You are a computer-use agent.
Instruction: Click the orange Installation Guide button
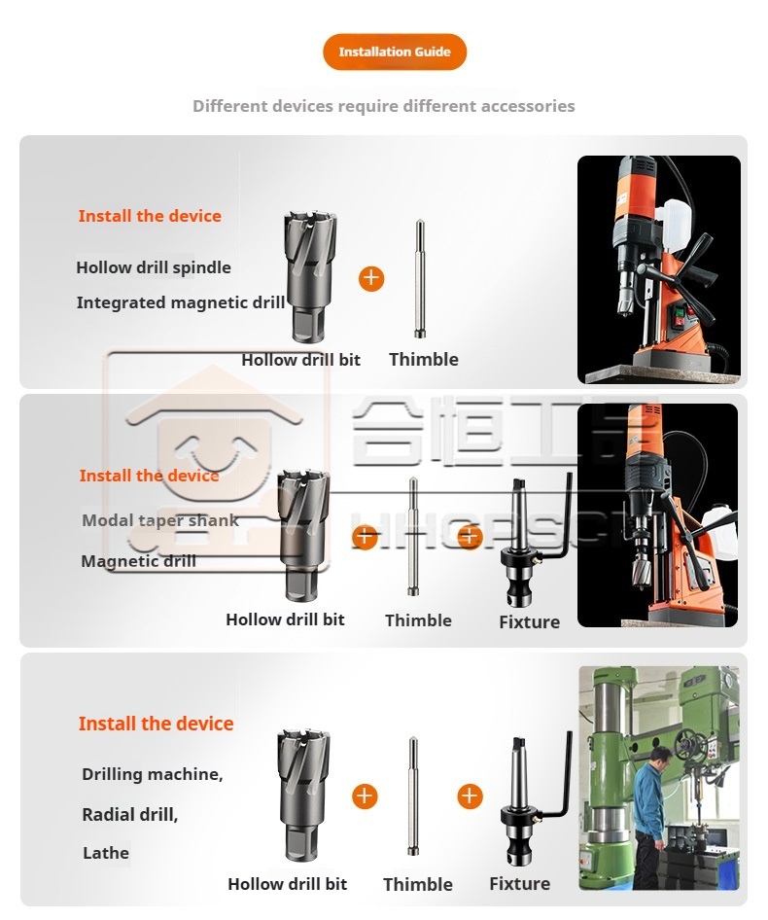tap(395, 53)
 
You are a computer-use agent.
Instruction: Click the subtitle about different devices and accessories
tap(383, 106)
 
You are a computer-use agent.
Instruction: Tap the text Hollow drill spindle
tap(154, 267)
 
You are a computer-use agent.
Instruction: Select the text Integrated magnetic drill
tap(181, 302)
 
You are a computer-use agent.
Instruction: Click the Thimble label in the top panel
tap(424, 360)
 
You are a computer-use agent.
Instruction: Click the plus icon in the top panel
tap(371, 279)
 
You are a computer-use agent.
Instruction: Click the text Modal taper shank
tap(159, 520)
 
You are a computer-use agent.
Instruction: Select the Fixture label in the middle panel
tap(529, 622)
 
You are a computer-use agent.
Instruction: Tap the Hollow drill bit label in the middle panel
tap(285, 619)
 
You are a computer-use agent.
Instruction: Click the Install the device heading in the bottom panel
tap(156, 724)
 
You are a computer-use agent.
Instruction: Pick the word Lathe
tap(106, 853)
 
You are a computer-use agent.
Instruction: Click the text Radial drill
tap(129, 814)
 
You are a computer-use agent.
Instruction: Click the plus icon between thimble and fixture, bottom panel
tap(470, 796)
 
